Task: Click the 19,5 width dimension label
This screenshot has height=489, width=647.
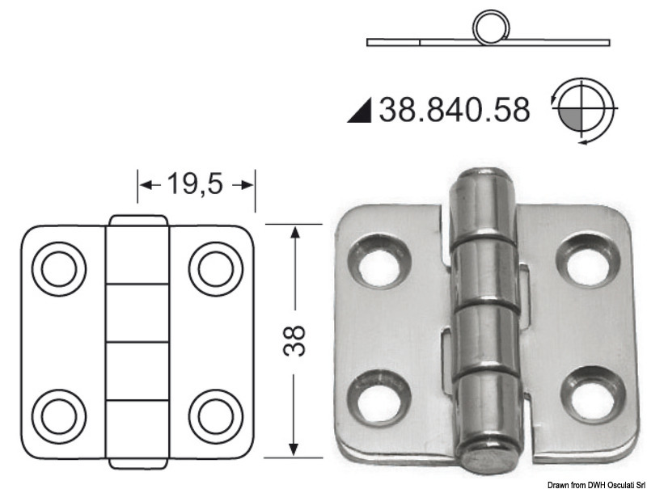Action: point(195,184)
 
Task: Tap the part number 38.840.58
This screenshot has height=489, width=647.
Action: point(454,110)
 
